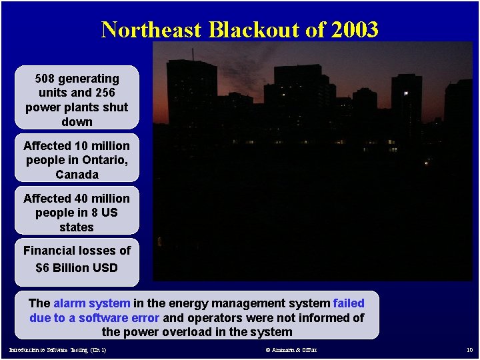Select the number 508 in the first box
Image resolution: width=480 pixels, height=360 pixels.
45,79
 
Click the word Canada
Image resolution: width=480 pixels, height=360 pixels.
77,175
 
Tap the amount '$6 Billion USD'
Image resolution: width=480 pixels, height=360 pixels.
77,267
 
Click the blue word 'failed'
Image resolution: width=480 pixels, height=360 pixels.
349,303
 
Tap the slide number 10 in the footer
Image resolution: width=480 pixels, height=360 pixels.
469,350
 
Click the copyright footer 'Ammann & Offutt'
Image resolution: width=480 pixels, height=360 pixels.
291,350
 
